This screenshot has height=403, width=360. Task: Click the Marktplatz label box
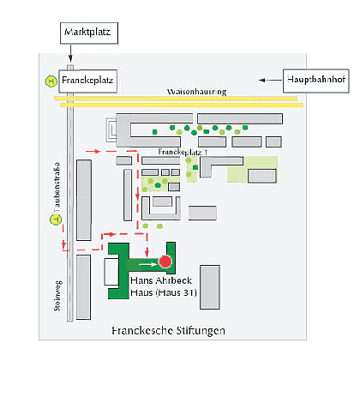(86, 33)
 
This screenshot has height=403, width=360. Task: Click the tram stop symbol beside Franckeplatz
(51, 81)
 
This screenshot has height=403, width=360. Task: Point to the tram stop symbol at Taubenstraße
(57, 220)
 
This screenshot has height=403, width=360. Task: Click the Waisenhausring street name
(196, 91)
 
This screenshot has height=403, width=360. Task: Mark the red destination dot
(165, 262)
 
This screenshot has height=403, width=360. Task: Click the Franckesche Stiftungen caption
(168, 329)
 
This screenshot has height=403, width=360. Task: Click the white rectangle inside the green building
(112, 271)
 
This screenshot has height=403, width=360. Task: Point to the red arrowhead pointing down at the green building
(148, 252)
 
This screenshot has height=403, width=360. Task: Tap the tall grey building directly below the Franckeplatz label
(84, 200)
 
